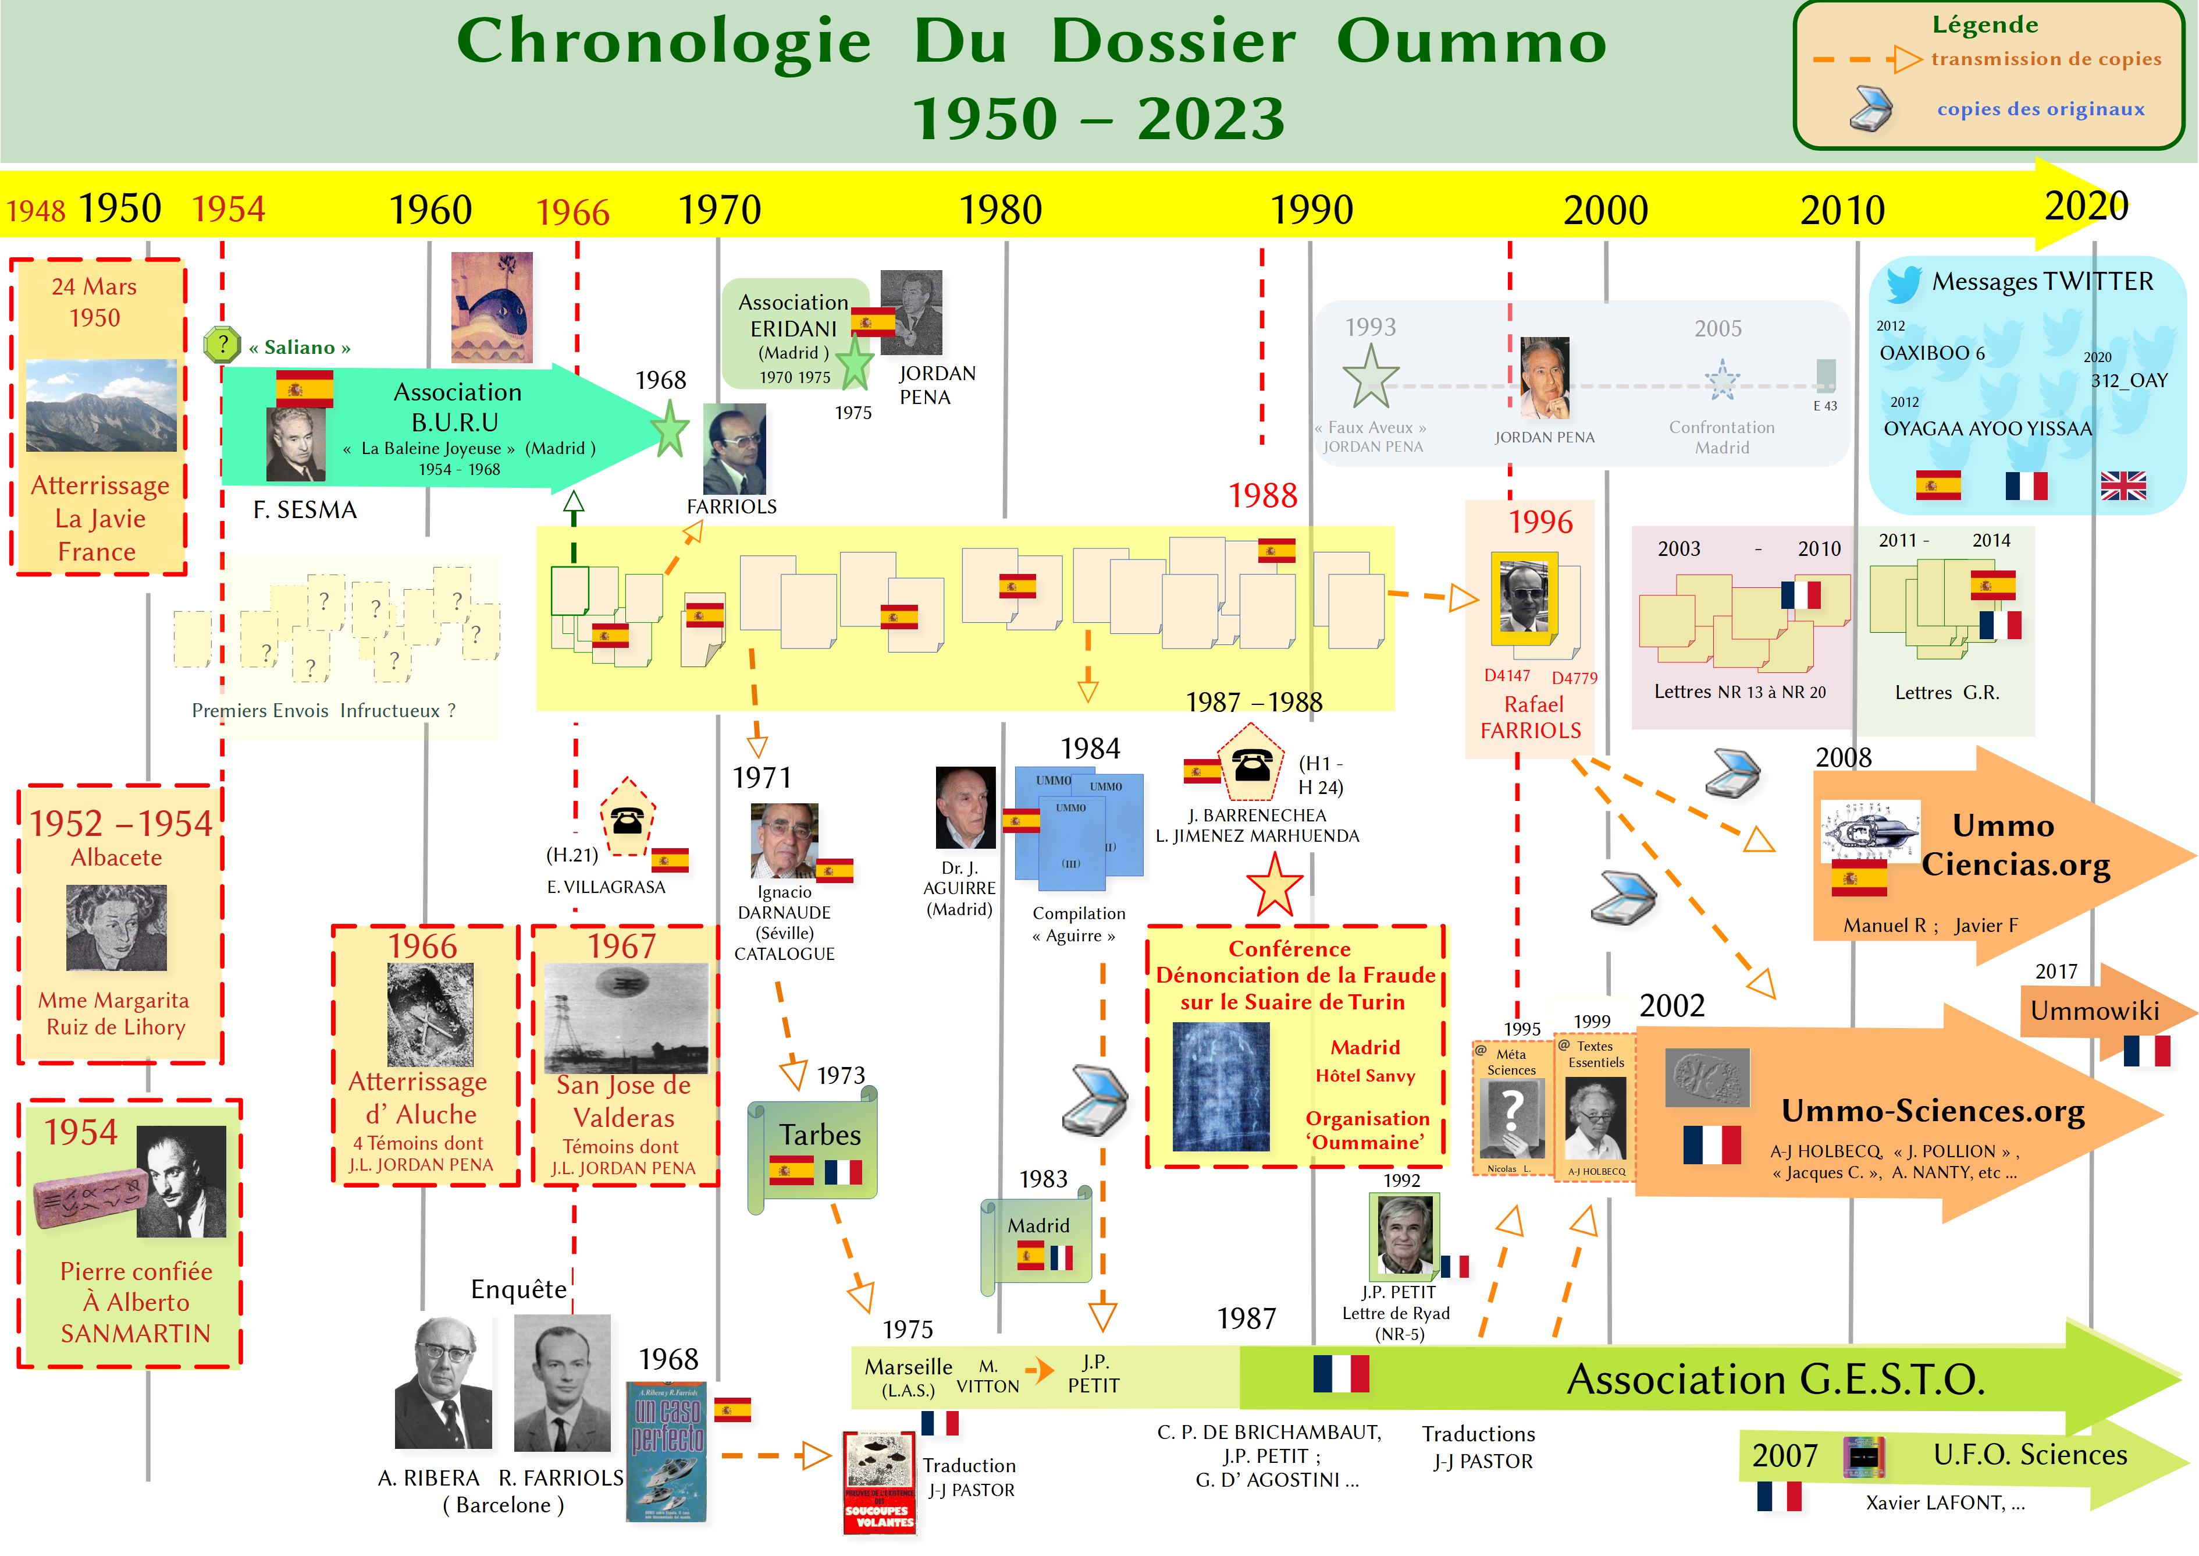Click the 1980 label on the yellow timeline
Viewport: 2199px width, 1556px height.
coord(1000,210)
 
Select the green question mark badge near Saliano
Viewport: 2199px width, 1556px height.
coord(222,344)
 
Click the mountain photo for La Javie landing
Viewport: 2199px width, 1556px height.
coord(102,405)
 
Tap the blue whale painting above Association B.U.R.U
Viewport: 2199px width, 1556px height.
coord(492,307)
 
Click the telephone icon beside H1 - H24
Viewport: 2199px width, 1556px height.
coord(1252,764)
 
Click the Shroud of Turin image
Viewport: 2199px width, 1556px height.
coord(1221,1086)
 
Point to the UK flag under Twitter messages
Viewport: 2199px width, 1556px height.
coord(2123,485)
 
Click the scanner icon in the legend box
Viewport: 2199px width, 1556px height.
coord(1870,107)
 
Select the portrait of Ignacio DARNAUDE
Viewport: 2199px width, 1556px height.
coord(784,840)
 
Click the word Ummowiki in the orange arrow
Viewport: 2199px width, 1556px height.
coord(2095,1011)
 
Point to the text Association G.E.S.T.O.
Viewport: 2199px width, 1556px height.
coord(1775,1380)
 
